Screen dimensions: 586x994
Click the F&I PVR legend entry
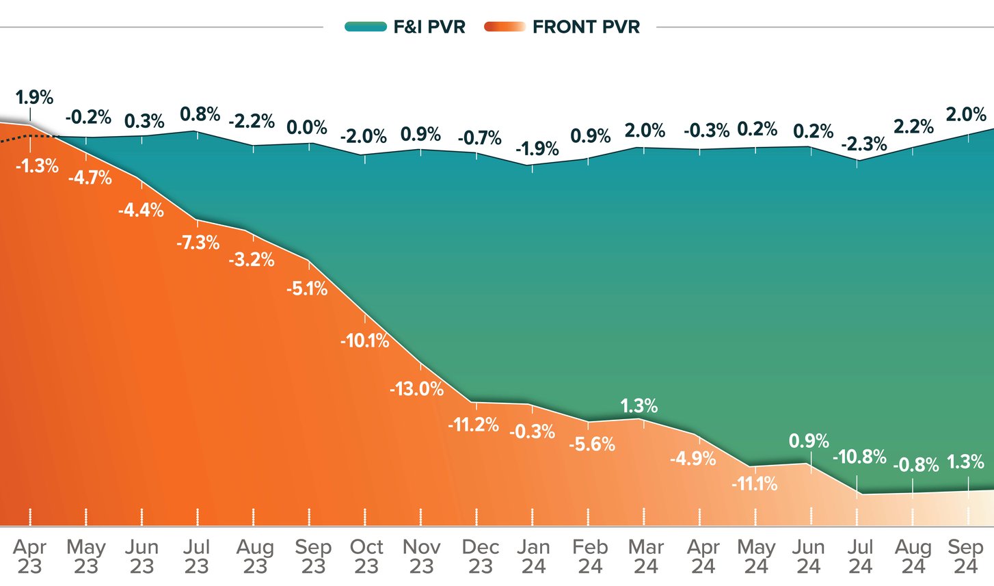point(405,27)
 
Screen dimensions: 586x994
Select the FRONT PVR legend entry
point(563,27)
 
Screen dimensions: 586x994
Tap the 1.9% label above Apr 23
point(34,98)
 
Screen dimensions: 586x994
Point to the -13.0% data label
point(416,389)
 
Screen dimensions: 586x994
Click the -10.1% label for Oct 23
point(364,340)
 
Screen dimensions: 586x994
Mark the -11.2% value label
point(473,425)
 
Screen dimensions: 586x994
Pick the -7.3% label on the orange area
point(198,243)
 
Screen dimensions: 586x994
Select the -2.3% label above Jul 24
point(863,144)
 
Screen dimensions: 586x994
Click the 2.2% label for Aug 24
point(913,126)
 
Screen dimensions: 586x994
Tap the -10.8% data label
point(859,456)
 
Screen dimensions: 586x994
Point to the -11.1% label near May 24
point(754,484)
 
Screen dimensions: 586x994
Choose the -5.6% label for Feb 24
point(592,444)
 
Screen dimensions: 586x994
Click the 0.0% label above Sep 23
point(306,127)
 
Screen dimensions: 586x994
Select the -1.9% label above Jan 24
point(537,148)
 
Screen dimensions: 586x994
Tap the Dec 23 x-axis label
point(481,557)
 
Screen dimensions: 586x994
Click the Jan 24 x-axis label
point(533,557)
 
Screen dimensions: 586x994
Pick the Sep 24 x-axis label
point(965,557)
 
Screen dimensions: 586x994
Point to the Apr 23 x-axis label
point(29,557)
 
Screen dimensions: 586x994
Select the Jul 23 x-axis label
point(196,557)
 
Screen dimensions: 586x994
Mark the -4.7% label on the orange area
point(90,178)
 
